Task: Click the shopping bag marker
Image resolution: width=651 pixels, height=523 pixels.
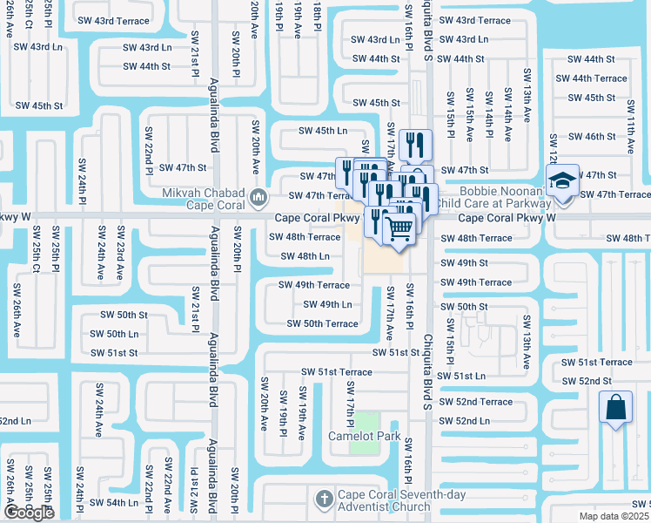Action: click(615, 408)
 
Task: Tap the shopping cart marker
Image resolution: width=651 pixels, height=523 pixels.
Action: click(399, 229)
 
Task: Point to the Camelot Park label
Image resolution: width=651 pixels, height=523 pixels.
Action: click(364, 436)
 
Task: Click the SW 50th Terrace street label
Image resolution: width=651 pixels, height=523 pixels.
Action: click(323, 323)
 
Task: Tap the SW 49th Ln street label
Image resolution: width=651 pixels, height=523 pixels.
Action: click(327, 304)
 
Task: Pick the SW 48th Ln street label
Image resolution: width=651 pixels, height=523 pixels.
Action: click(305, 256)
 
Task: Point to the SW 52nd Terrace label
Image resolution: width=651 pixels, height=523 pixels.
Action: click(477, 402)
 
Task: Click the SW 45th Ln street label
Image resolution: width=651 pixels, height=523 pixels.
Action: click(323, 131)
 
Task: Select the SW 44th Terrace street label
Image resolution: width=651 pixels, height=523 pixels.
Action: click(597, 78)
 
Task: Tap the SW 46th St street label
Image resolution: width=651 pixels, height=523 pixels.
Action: click(591, 137)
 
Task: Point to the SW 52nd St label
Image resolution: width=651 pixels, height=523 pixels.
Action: click(587, 381)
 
